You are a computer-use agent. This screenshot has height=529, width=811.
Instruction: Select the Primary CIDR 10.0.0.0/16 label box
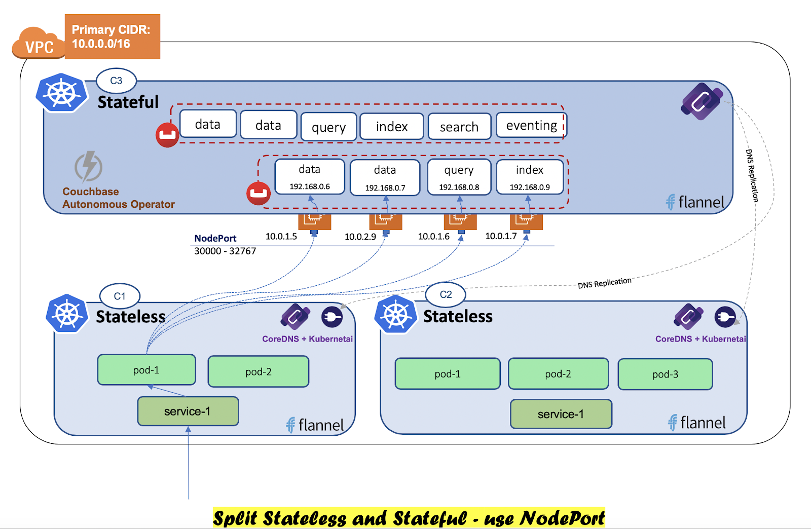coord(112,36)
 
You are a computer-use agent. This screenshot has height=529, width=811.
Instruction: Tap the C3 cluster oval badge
coord(116,81)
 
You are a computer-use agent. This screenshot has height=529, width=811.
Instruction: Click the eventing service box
coord(531,125)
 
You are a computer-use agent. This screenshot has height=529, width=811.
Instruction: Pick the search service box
coord(459,127)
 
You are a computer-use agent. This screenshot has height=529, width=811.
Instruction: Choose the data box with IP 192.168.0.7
coord(385,177)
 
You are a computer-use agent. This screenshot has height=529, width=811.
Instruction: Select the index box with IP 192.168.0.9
coord(530,177)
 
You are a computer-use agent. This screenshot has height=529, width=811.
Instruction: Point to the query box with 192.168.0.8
coord(459,177)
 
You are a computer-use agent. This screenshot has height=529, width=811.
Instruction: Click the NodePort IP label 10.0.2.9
coord(360,237)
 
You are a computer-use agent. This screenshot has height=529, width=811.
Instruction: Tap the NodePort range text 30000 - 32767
coord(225,251)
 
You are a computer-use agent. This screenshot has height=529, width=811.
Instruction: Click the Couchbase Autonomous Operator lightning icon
coord(89,167)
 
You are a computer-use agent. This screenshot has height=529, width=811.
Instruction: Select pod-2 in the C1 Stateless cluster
coord(258,371)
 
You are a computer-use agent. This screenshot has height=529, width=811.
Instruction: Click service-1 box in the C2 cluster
coord(561,414)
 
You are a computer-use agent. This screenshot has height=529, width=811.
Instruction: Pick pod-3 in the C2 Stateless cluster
coord(665,374)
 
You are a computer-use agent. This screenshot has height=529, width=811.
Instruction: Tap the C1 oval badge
coord(120,296)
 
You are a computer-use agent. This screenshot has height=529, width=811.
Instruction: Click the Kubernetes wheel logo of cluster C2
coord(395,315)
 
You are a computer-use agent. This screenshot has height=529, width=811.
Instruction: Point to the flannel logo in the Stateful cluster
coord(695,202)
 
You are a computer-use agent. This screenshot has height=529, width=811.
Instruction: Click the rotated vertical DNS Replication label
coord(752,175)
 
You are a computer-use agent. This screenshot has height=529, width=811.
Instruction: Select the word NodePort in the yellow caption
coord(562,518)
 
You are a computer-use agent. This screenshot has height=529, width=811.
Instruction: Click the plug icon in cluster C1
coord(332,317)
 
